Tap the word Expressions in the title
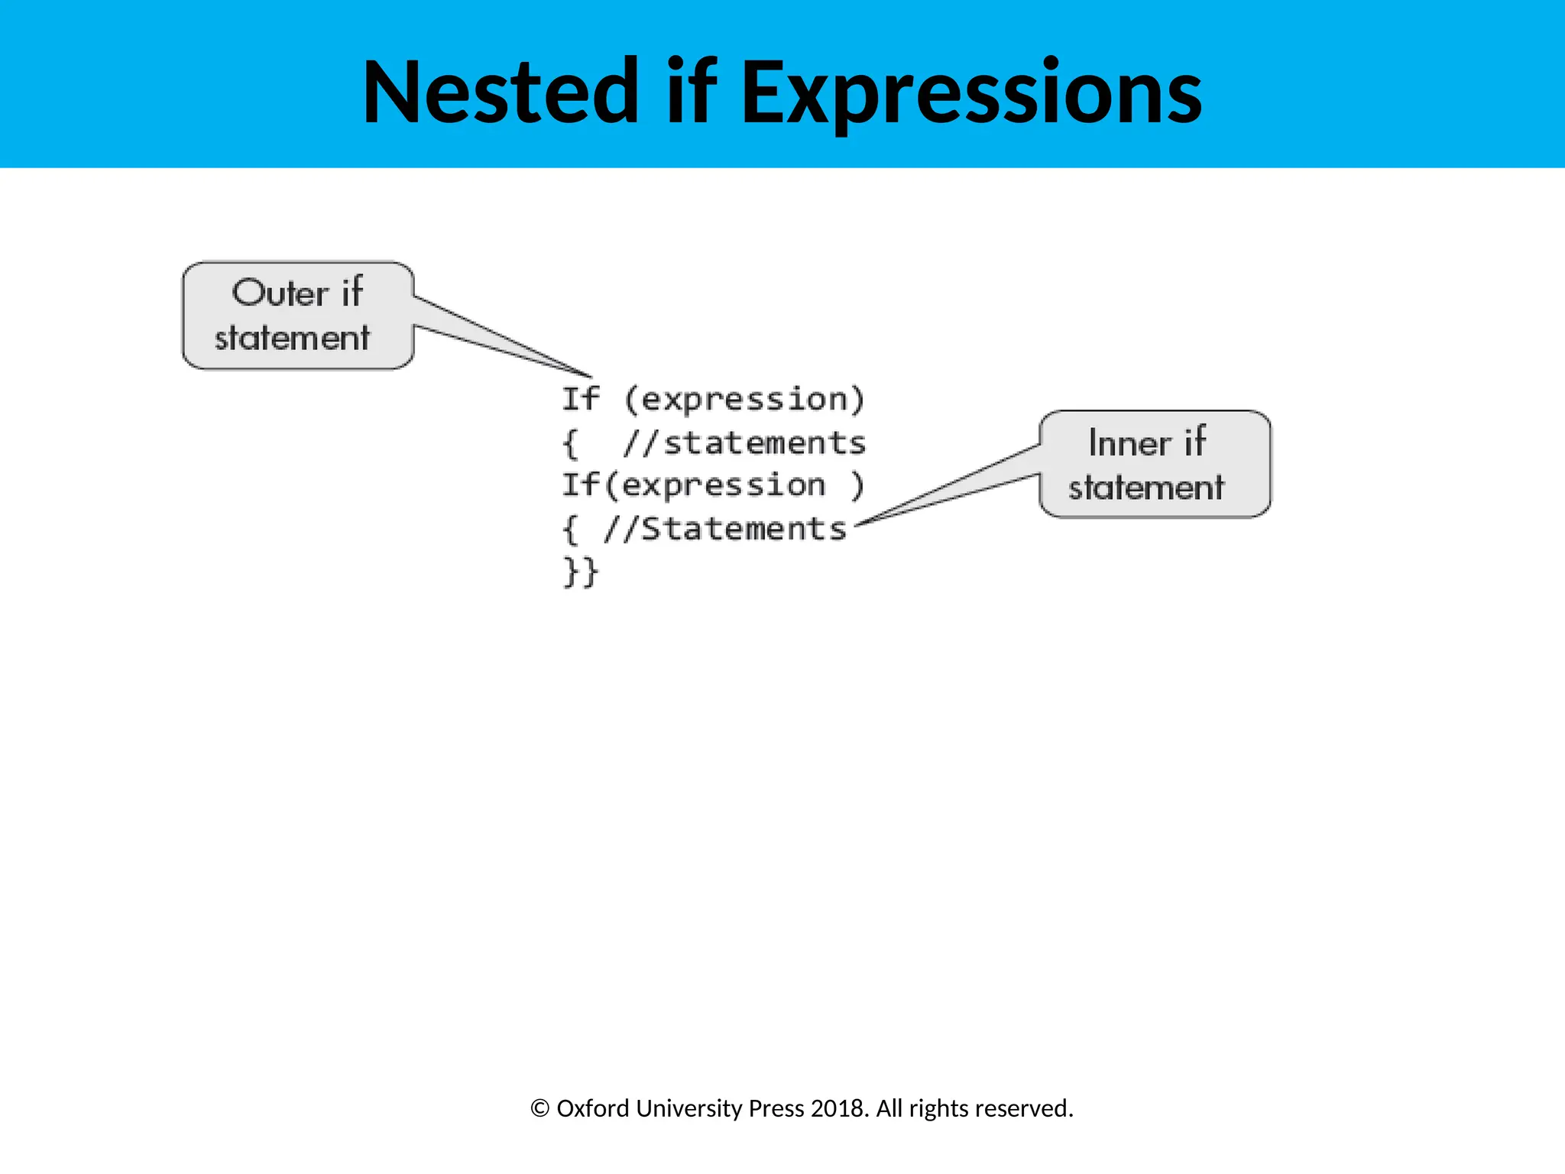[x=971, y=93]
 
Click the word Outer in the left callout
[x=280, y=293]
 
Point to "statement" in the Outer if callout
[x=292, y=338]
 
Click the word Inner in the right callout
[x=1129, y=443]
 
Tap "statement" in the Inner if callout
[x=1146, y=488]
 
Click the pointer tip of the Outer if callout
[x=591, y=376]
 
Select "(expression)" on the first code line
[x=744, y=400]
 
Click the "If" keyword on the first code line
[x=581, y=399]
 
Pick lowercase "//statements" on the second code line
[x=744, y=443]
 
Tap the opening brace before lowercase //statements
[x=570, y=444]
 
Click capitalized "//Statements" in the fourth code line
[x=724, y=529]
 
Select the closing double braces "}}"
[x=580, y=572]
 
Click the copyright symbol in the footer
[x=539, y=1108]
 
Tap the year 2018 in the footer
[x=839, y=1108]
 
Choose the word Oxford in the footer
[x=593, y=1108]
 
